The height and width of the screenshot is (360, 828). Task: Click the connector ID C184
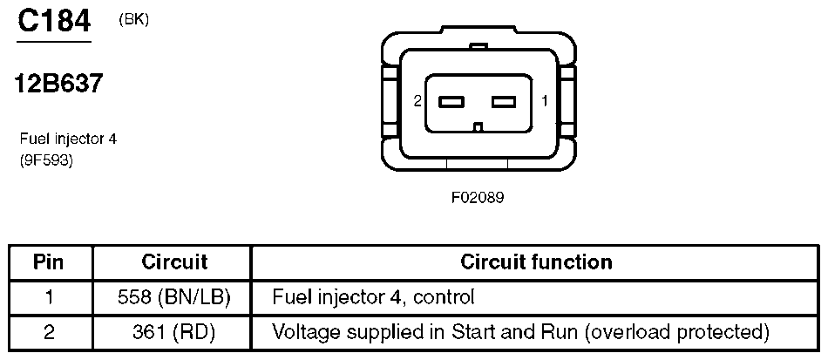(x=54, y=22)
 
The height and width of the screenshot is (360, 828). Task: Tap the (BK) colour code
(x=133, y=20)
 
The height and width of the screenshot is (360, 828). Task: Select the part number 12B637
(x=58, y=84)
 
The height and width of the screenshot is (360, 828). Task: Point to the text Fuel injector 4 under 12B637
(x=69, y=139)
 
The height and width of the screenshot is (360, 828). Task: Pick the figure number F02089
(x=478, y=198)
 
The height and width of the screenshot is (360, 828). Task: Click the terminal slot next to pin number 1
(x=503, y=101)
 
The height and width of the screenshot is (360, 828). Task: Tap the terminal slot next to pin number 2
(x=451, y=101)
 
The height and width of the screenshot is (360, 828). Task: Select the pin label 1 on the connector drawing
(x=545, y=101)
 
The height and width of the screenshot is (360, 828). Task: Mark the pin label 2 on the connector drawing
(x=417, y=101)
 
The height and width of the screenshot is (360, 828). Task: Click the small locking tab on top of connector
(x=478, y=48)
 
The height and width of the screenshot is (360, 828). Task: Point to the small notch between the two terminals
(x=478, y=126)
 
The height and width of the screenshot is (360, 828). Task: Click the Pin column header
(x=49, y=262)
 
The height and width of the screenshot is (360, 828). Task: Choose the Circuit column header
(x=174, y=262)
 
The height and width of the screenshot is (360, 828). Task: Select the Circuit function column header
(x=536, y=262)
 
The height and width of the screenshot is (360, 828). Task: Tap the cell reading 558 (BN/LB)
(x=174, y=298)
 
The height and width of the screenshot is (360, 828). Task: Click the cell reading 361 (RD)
(x=174, y=333)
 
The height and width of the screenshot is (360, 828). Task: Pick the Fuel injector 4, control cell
(x=373, y=298)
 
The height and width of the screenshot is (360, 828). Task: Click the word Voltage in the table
(x=306, y=333)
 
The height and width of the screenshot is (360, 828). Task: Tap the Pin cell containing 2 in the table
(x=49, y=333)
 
